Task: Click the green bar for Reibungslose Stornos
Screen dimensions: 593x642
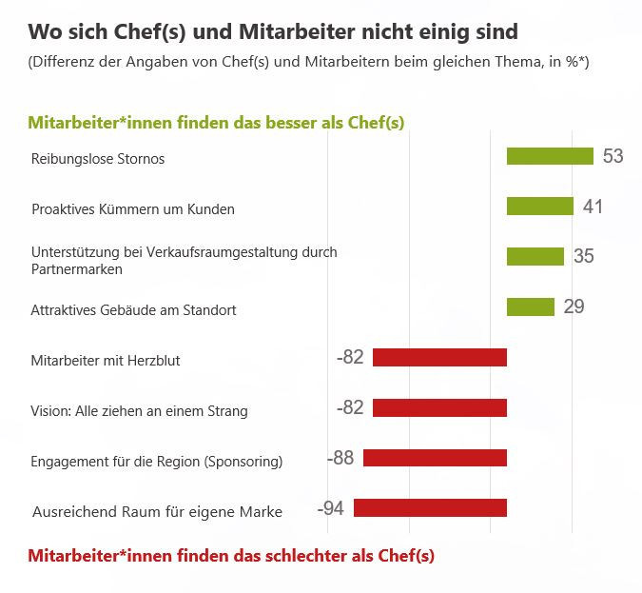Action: [x=550, y=156]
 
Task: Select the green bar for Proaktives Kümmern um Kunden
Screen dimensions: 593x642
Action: [x=539, y=207]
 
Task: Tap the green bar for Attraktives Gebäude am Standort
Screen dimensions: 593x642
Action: [x=530, y=306]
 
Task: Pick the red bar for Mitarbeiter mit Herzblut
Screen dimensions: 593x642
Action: [x=439, y=357]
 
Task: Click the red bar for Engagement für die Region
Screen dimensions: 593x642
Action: [x=435, y=458]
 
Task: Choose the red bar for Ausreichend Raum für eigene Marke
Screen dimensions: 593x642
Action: [x=430, y=508]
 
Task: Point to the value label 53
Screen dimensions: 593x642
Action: [x=613, y=156]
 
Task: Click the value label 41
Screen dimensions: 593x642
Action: [x=593, y=207]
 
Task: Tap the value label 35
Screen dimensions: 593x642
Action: [x=583, y=256]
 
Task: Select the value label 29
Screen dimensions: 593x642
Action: [x=574, y=306]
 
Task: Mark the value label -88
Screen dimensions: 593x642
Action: [x=340, y=458]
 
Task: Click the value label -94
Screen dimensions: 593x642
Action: [x=330, y=508]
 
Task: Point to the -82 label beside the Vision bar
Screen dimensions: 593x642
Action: [x=350, y=407]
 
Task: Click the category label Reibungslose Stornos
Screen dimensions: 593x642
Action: [x=98, y=159]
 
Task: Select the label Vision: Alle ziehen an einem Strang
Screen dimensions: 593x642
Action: [x=139, y=411]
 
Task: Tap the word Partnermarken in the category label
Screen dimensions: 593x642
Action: [x=76, y=269]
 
